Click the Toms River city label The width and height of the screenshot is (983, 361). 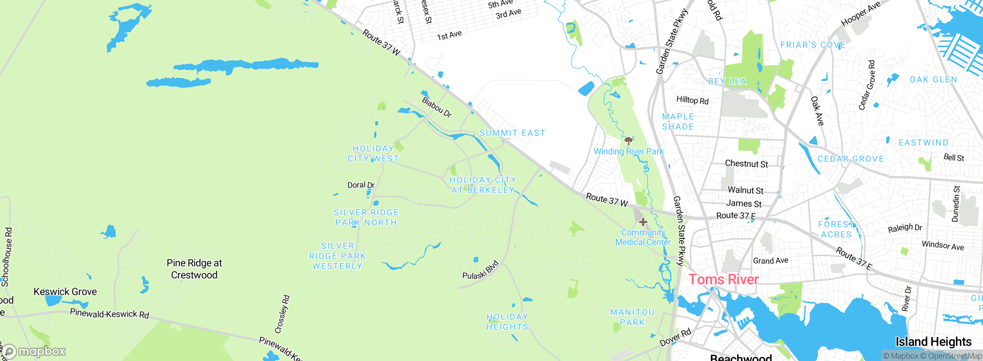click(723, 279)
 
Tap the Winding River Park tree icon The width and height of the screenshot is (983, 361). click(628, 141)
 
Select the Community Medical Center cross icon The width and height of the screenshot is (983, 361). click(643, 222)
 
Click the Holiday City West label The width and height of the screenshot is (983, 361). click(373, 154)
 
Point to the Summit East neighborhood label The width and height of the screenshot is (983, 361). click(512, 133)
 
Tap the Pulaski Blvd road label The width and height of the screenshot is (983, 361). click(481, 270)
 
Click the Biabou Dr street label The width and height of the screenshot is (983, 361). click(437, 107)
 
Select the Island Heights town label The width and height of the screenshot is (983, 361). click(933, 341)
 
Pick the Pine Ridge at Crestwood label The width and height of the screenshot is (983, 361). click(194, 269)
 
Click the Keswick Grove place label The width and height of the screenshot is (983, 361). click(65, 291)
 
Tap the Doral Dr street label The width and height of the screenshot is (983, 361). click(361, 185)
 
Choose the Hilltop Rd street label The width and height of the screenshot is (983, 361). click(692, 100)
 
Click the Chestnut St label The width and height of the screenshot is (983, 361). click(746, 164)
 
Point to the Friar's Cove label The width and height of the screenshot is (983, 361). click(813, 45)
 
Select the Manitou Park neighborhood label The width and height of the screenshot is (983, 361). click(632, 317)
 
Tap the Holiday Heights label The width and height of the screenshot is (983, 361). click(507, 322)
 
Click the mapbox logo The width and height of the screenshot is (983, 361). click(35, 351)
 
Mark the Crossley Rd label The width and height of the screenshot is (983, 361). click(282, 314)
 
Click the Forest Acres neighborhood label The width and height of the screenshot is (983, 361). click(836, 229)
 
